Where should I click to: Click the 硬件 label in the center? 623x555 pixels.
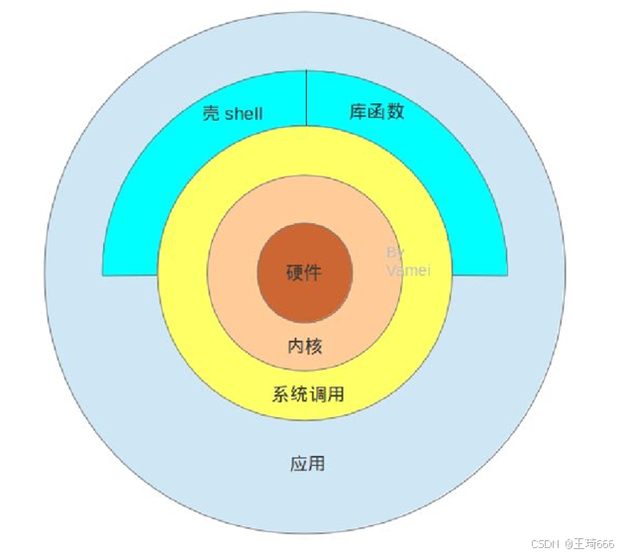click(305, 275)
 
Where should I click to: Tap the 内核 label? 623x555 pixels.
click(305, 346)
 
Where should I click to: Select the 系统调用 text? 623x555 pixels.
click(308, 394)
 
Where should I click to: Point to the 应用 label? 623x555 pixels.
click(308, 463)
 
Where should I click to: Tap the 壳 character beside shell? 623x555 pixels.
click(211, 113)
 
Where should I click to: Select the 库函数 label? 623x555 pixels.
click(376, 111)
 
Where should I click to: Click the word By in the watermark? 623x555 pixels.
click(394, 253)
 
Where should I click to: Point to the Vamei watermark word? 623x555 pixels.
click(408, 270)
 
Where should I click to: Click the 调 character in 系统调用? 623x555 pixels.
click(317, 394)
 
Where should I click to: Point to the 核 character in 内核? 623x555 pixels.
click(314, 346)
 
